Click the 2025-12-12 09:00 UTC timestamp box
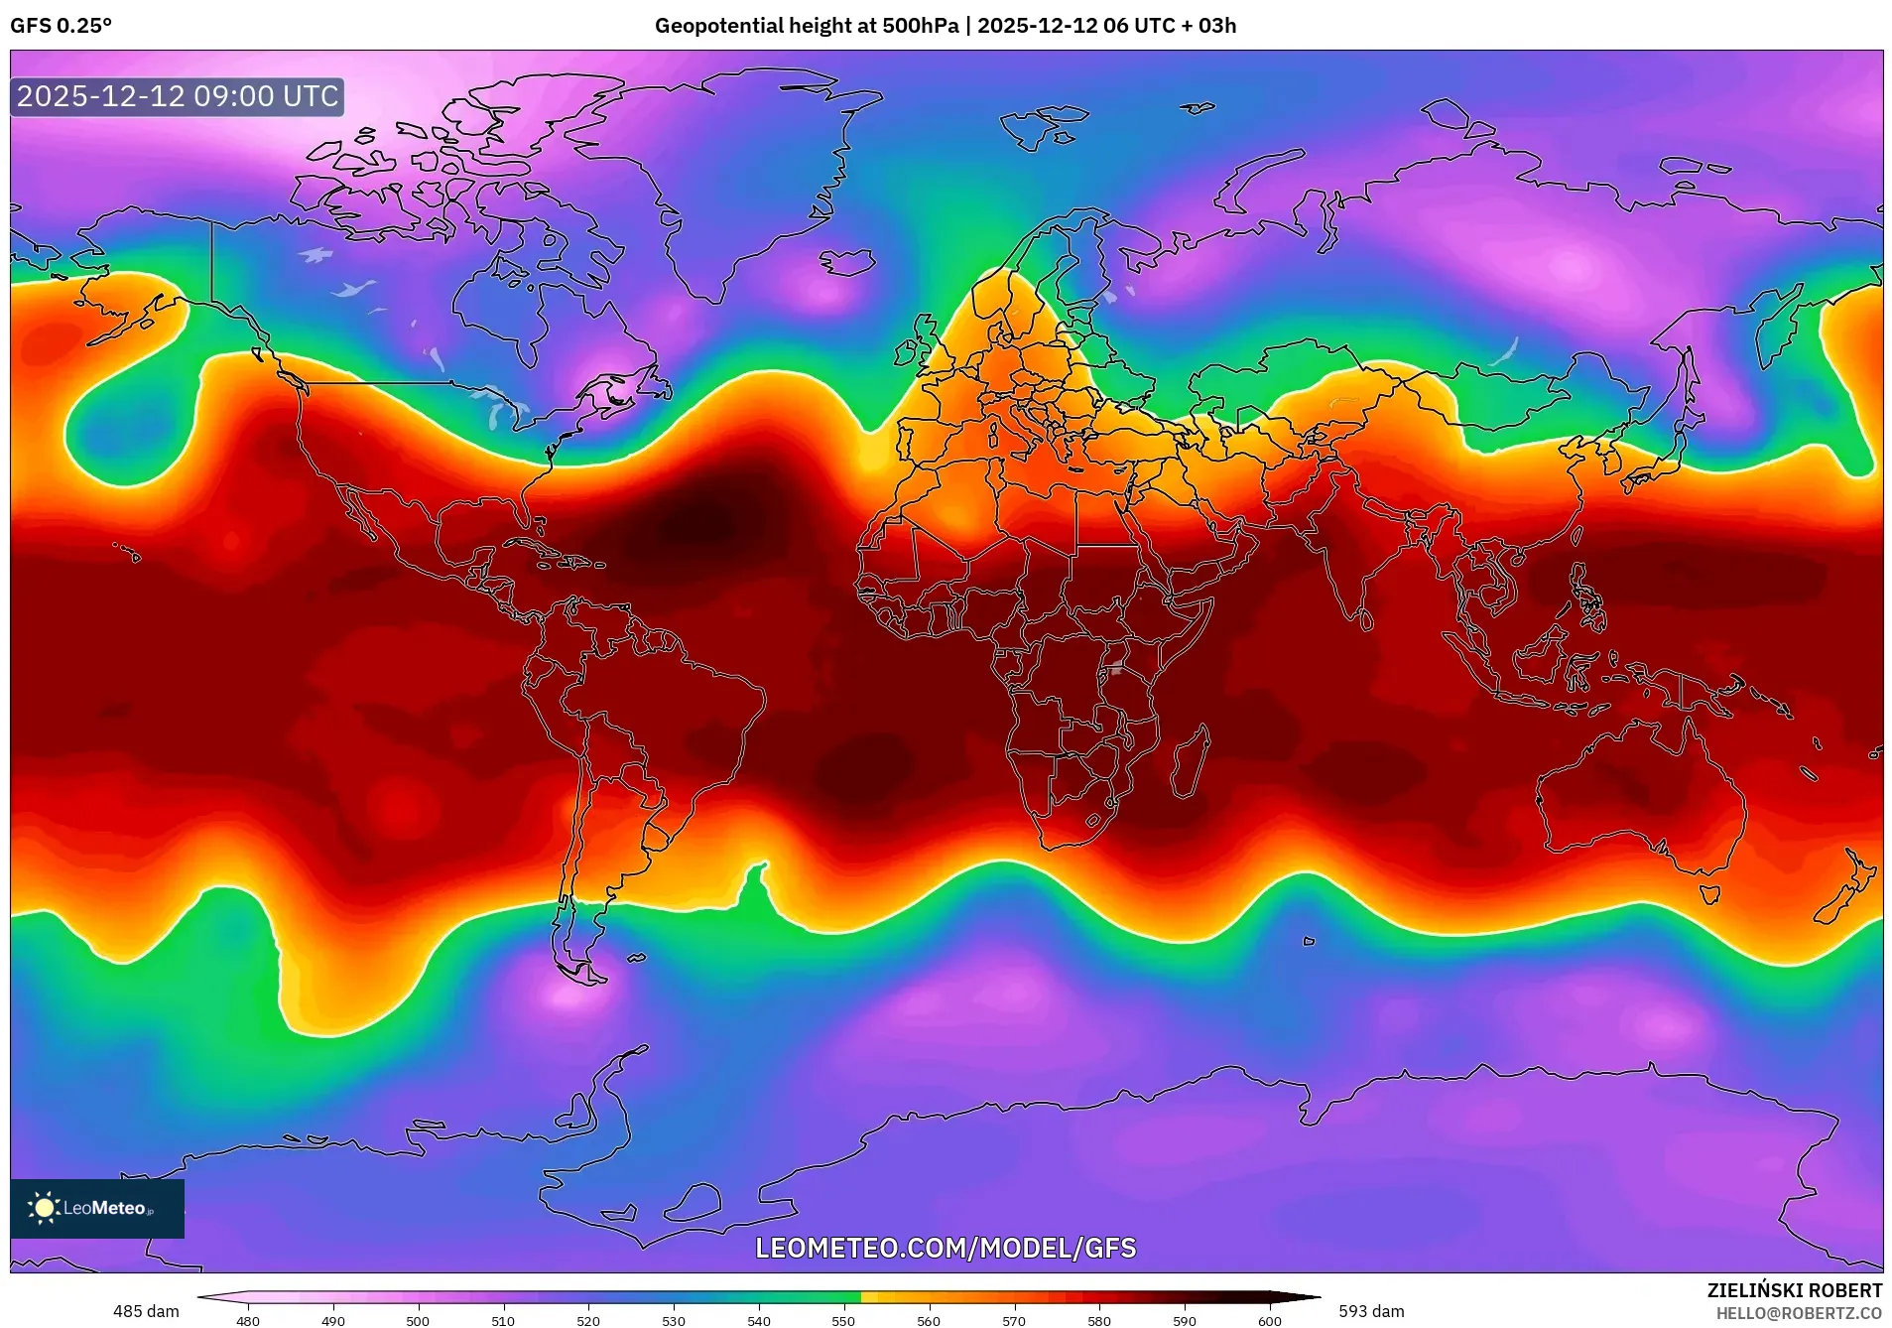point(178,96)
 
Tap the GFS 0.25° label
point(61,26)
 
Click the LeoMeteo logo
point(96,1208)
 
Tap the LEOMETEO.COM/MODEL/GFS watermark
point(946,1248)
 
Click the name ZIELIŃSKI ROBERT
point(1794,1290)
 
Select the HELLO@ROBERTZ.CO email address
point(1799,1313)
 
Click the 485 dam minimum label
point(146,1311)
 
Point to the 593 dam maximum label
point(1371,1311)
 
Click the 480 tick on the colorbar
point(248,1321)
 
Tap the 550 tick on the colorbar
point(843,1321)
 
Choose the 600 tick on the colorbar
point(1269,1321)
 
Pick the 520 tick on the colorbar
point(588,1321)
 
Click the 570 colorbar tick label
point(1014,1321)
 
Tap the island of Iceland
point(849,261)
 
